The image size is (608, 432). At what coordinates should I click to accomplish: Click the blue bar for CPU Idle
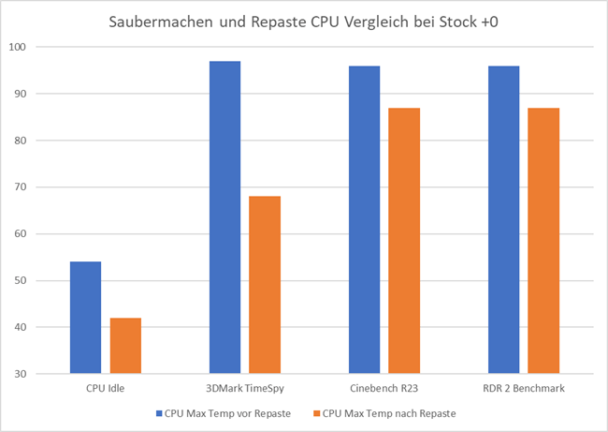tap(85, 318)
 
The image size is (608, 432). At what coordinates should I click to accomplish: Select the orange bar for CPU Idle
tap(125, 346)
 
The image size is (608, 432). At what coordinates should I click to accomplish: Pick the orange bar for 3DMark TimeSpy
tap(265, 285)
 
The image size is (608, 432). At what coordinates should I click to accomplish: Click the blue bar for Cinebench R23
tap(364, 219)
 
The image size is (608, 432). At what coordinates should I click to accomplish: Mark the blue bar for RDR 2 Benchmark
tap(503, 219)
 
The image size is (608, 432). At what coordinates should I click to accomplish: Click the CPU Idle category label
tap(105, 387)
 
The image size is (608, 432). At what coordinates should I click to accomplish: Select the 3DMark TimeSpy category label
tap(244, 387)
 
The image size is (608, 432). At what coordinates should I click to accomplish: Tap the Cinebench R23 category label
tap(384, 387)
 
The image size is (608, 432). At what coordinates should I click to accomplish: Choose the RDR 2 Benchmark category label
tap(523, 387)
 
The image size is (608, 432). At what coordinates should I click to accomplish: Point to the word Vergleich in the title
tap(383, 21)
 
